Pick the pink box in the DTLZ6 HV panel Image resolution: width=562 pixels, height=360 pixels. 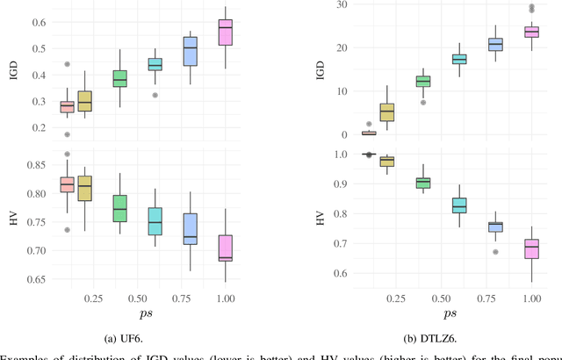[x=531, y=248]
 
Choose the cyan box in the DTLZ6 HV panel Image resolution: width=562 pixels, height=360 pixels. [x=458, y=205]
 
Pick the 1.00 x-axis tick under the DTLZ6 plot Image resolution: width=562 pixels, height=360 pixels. [x=531, y=298]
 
